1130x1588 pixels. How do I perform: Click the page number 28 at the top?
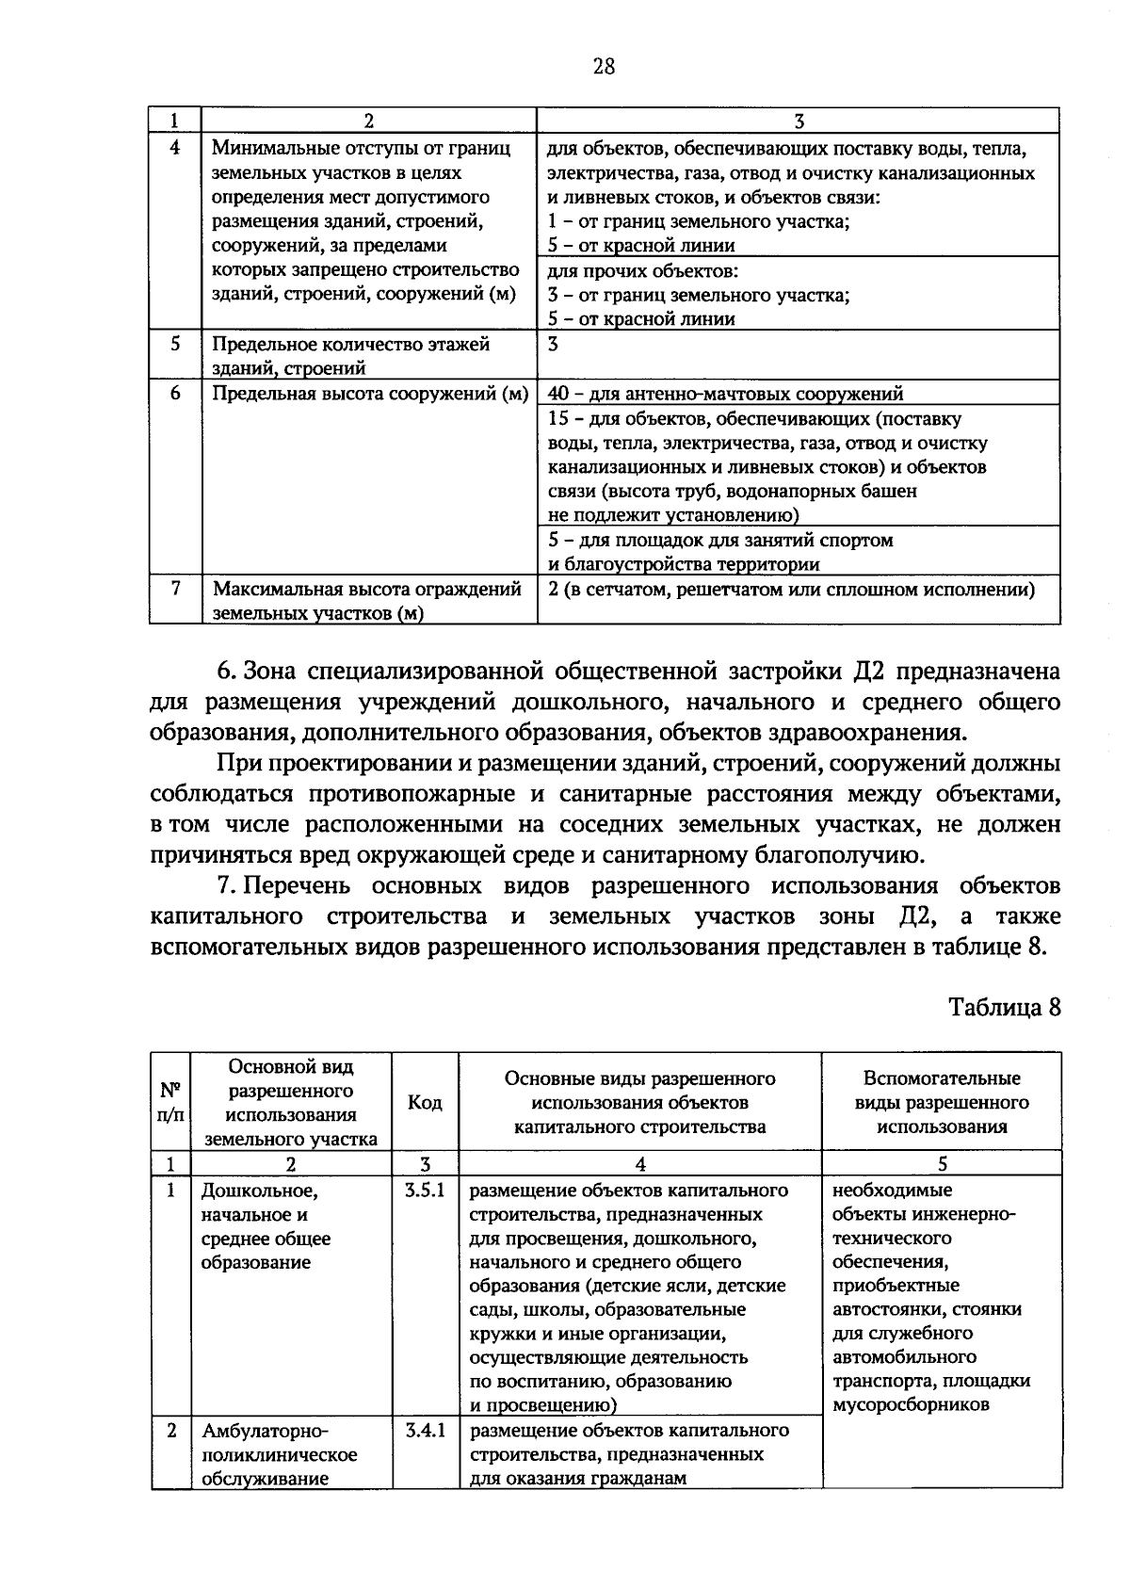click(x=604, y=65)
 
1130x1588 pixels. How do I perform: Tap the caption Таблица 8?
click(x=1004, y=1007)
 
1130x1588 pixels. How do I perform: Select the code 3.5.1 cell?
click(x=425, y=1191)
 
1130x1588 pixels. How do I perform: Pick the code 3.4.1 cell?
click(x=425, y=1431)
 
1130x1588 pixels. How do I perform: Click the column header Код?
click(x=425, y=1102)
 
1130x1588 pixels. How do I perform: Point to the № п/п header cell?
click(x=169, y=1102)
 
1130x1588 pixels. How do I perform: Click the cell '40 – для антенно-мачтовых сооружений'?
click(x=725, y=394)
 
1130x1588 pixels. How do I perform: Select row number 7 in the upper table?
click(x=175, y=590)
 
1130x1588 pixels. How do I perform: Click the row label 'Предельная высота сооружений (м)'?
click(x=369, y=394)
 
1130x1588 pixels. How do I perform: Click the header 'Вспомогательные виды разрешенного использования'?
click(x=942, y=1102)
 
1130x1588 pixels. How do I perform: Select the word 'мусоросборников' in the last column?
click(x=911, y=1405)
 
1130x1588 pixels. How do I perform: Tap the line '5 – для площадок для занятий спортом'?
click(x=720, y=541)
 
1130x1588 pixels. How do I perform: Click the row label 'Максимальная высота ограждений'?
click(x=366, y=590)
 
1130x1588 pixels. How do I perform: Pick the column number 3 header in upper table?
click(x=799, y=121)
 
